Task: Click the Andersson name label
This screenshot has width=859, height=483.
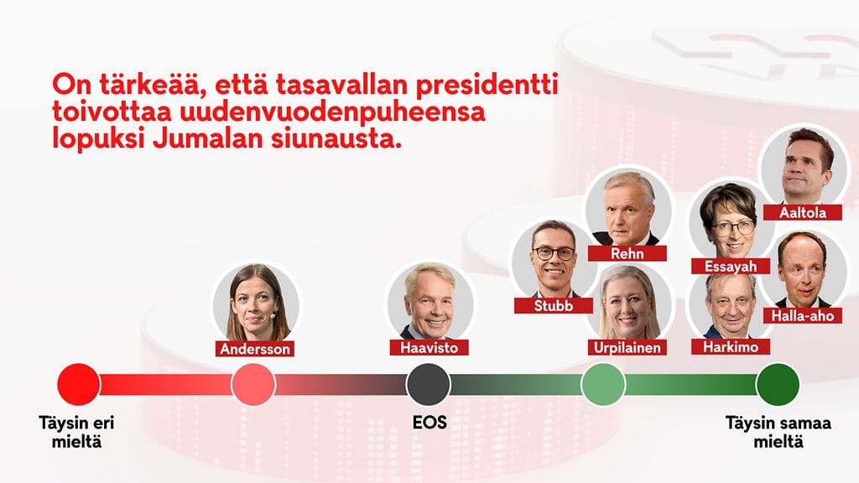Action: (x=255, y=348)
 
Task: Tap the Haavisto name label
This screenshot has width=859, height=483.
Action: (x=429, y=347)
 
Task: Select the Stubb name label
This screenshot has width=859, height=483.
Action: (x=554, y=305)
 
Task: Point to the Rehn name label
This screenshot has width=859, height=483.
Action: (x=627, y=253)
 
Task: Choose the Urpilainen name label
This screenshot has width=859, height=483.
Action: (x=627, y=347)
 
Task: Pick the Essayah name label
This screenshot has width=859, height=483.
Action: (x=731, y=266)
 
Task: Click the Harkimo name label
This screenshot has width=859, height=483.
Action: (x=731, y=346)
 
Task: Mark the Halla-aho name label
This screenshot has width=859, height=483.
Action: (x=803, y=315)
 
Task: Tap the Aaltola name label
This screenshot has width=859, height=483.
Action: (x=803, y=212)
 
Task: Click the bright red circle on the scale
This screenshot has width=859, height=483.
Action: (x=79, y=384)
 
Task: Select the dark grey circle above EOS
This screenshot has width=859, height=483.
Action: (x=429, y=384)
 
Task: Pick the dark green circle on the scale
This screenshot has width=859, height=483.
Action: (x=778, y=384)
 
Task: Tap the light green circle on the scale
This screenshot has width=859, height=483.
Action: (x=603, y=384)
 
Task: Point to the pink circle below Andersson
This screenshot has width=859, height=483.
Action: (x=253, y=384)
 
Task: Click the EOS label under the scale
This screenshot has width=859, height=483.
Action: (x=429, y=423)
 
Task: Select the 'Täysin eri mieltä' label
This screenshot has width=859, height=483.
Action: (x=76, y=432)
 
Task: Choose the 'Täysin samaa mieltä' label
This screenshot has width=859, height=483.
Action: (x=778, y=432)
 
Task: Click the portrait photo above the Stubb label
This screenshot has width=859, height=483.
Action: (x=554, y=259)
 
